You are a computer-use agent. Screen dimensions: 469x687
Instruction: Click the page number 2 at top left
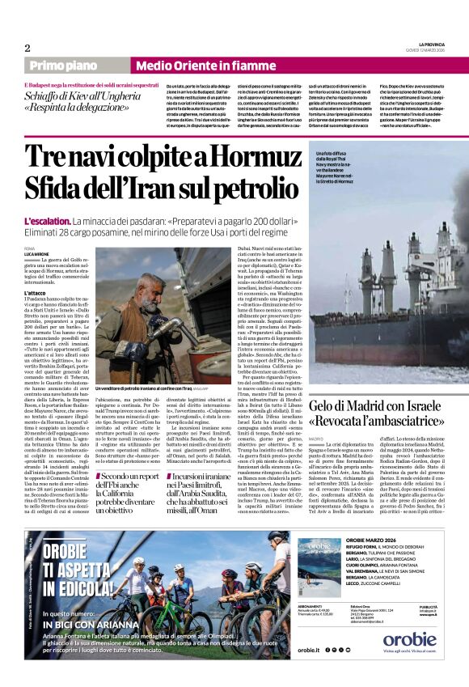(27, 48)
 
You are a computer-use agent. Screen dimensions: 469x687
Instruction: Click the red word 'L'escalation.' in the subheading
(46, 221)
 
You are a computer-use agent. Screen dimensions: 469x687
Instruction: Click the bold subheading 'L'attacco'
(35, 292)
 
